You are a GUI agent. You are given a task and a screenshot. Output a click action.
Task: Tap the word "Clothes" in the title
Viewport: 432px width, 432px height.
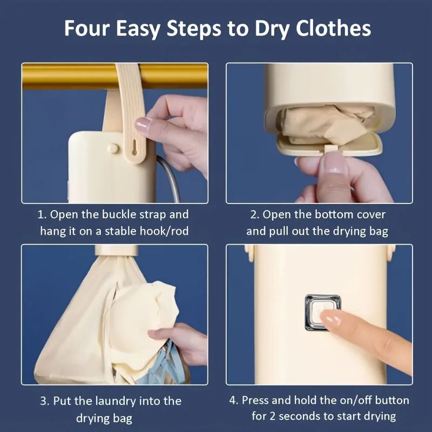[334, 28]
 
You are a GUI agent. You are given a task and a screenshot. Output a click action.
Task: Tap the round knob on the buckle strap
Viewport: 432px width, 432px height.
[113, 147]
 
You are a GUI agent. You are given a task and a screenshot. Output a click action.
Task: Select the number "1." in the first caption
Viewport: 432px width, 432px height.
[42, 214]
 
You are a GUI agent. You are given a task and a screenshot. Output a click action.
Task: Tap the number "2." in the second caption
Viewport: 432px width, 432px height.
[254, 214]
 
